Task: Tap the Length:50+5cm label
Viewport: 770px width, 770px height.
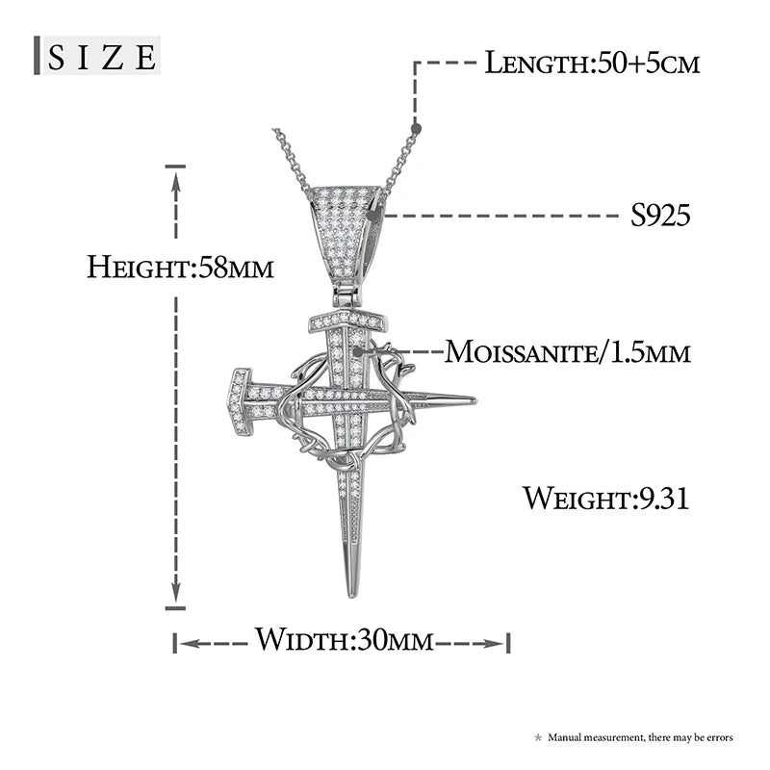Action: coord(591,64)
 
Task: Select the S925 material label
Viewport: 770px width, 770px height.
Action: coord(660,216)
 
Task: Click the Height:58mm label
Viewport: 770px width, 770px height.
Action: coord(180,267)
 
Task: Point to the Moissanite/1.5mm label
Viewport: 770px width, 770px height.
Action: coord(567,352)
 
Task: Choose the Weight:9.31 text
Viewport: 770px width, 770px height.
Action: coord(605,499)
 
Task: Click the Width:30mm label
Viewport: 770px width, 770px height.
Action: coord(344,640)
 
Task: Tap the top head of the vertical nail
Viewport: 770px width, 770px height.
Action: coord(346,321)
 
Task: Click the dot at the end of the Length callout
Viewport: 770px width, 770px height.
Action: coord(416,127)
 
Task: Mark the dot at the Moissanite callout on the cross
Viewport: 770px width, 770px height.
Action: coord(359,352)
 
